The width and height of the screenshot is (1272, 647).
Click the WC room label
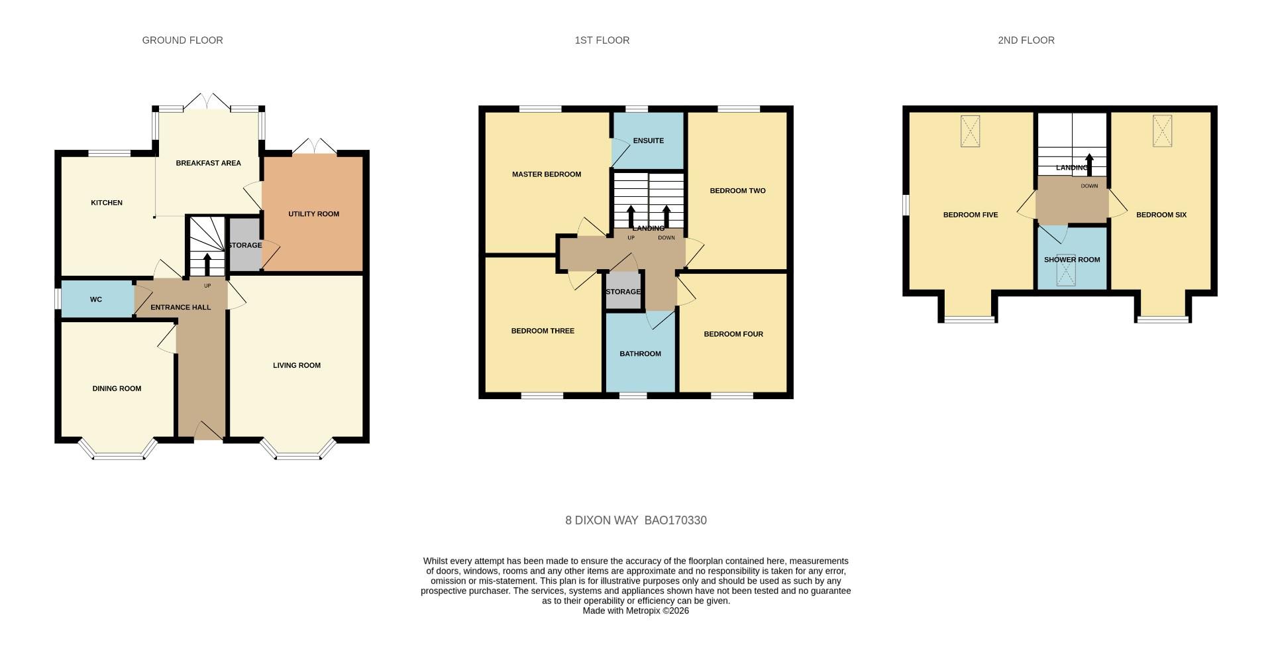click(x=96, y=300)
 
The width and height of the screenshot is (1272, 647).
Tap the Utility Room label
click(x=313, y=214)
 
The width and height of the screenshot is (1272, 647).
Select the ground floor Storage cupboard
click(x=244, y=245)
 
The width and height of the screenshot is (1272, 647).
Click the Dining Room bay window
click(x=118, y=452)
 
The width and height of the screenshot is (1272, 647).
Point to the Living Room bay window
click(x=297, y=453)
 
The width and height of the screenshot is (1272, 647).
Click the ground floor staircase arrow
click(x=207, y=264)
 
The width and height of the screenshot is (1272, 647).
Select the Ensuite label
click(x=648, y=141)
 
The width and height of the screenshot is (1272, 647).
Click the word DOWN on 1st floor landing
click(x=666, y=238)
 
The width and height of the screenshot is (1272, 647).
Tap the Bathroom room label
click(x=640, y=354)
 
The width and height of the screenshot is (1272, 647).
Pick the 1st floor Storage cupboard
click(x=623, y=292)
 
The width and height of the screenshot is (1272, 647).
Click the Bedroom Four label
click(x=733, y=334)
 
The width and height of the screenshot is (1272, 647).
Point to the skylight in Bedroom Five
click(x=970, y=131)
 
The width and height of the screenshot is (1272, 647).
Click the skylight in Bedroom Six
click(x=1162, y=131)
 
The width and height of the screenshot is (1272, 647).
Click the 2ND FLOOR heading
click(x=1026, y=40)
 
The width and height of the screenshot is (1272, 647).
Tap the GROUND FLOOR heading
click(x=182, y=40)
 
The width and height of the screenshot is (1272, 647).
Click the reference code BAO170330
click(x=675, y=520)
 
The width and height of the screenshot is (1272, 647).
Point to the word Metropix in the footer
click(x=643, y=611)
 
